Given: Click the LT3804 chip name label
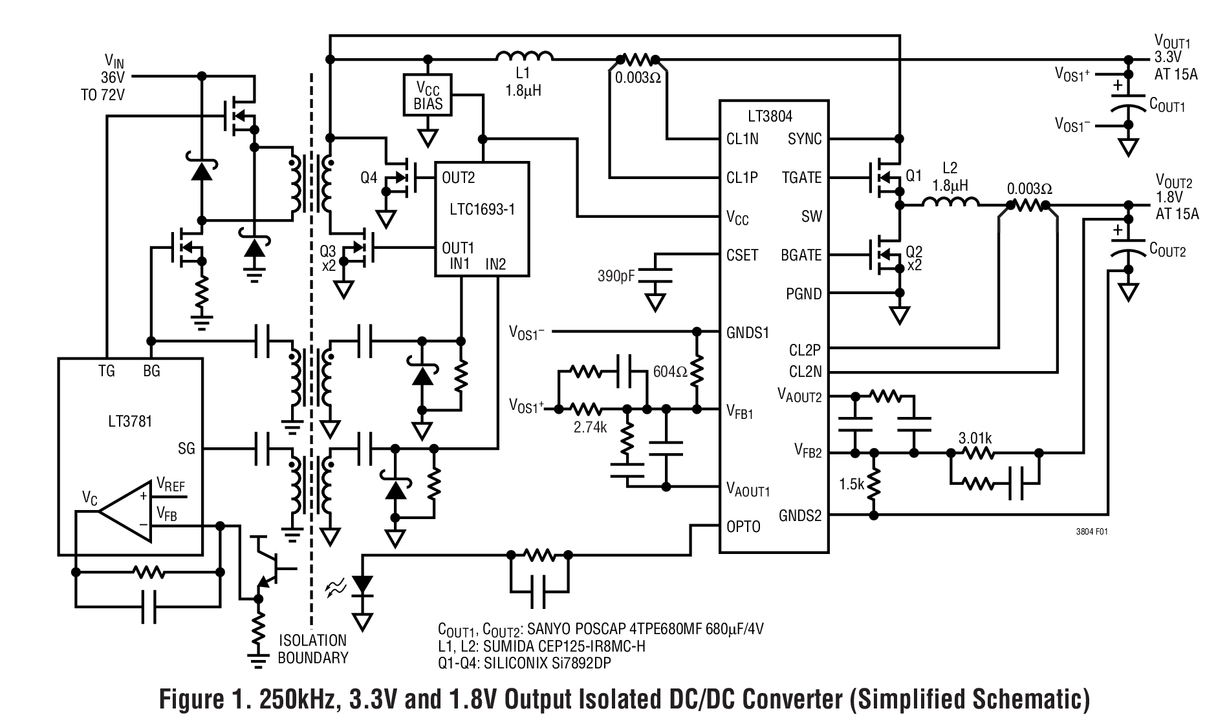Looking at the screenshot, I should pos(770,116).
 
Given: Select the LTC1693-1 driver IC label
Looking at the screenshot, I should pos(482,210).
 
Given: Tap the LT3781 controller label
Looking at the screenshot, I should pos(130,421).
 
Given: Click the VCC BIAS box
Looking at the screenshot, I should pos(428,95).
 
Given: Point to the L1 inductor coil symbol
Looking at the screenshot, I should pos(525,58).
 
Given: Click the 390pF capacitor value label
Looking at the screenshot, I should pos(616,277).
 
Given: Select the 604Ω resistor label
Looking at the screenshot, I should pos(670,372).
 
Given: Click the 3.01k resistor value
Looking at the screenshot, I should pos(975,438).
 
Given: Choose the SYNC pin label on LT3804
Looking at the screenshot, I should pos(805,139).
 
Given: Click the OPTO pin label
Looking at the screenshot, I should pos(744,526).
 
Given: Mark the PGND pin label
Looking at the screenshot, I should pos(803,294).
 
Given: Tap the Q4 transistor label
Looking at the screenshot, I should pos(369,177).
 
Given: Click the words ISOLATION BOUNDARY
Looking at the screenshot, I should pos(313,649).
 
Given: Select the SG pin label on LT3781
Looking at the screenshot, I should pos(186,448).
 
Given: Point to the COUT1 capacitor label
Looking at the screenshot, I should pos(1167,105).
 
